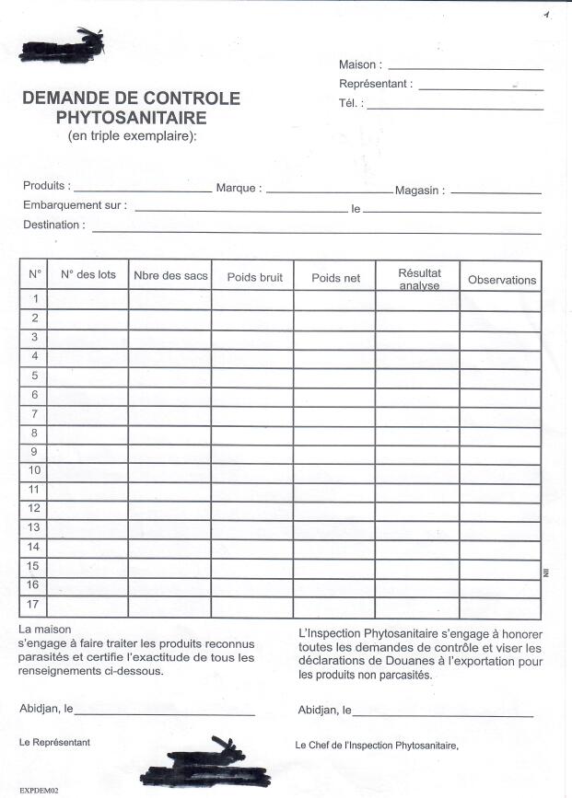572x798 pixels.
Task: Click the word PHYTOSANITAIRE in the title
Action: click(x=131, y=118)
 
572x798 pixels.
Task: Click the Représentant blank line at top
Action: click(x=481, y=88)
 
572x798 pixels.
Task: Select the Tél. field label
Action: click(x=351, y=104)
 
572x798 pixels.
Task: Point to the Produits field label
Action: click(x=45, y=186)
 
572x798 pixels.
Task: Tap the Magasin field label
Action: click(x=420, y=191)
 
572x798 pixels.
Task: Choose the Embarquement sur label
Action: click(x=75, y=205)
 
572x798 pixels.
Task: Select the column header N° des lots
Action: click(x=88, y=274)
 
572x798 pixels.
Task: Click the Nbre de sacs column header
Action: click(x=170, y=275)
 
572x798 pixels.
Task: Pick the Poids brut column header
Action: click(x=254, y=277)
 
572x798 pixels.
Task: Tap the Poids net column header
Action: click(x=335, y=277)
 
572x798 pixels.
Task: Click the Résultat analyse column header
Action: click(x=419, y=279)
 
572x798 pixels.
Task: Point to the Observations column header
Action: click(x=501, y=280)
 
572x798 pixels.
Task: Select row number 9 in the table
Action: click(x=34, y=452)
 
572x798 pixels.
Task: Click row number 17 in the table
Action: click(x=34, y=605)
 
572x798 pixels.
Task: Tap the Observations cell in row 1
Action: click(x=500, y=299)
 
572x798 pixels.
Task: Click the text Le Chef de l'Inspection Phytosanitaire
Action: click(x=376, y=745)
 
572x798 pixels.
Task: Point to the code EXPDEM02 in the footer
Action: click(x=39, y=791)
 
